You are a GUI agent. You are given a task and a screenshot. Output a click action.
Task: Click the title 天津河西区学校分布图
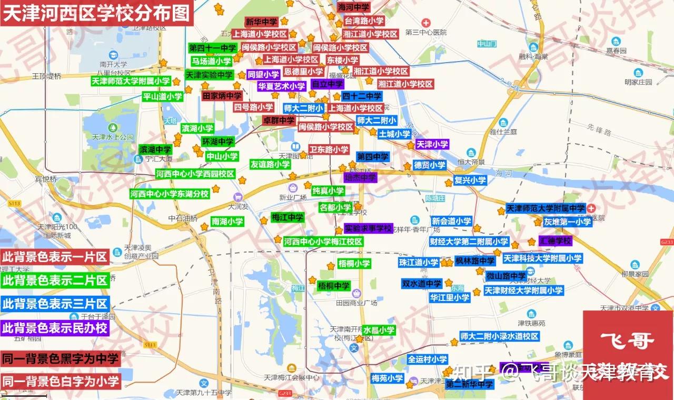95,13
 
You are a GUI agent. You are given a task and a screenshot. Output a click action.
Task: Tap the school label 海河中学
354,7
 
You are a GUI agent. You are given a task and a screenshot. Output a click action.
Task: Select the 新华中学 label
261,22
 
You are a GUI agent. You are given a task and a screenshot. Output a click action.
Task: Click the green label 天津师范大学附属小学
131,81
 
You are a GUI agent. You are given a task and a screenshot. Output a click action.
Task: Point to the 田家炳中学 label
222,96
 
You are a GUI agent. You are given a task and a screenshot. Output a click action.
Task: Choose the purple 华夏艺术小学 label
281,86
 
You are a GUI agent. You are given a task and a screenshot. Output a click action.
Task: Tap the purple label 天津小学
432,144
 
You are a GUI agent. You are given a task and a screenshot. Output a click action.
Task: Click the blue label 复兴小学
470,180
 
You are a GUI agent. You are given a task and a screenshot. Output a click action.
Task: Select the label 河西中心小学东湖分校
170,194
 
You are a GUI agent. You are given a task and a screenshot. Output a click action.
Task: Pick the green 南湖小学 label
227,222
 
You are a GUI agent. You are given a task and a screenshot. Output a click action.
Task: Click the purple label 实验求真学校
369,228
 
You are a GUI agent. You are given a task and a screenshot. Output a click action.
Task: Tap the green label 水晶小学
379,330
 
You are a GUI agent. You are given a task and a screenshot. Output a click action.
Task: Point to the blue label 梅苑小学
387,378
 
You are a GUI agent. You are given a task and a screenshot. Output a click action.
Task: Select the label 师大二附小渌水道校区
499,336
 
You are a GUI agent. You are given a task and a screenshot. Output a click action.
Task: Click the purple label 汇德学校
555,241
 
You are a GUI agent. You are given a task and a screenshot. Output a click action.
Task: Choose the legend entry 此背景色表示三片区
55,304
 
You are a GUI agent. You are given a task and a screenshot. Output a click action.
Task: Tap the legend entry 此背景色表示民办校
55,328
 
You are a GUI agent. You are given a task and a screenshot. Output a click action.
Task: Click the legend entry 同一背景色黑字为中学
60,359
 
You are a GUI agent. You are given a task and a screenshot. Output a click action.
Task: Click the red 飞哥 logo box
628,347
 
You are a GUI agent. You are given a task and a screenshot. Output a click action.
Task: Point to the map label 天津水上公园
113,137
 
